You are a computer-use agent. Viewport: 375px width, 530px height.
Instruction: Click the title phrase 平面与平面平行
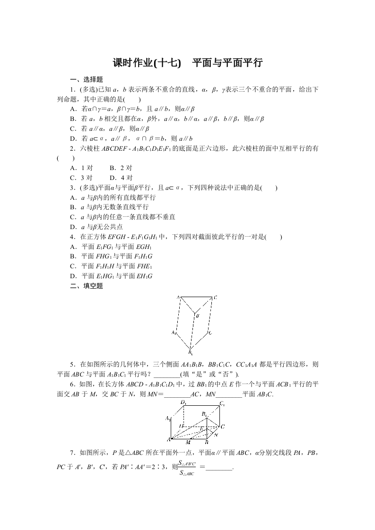pos(227,63)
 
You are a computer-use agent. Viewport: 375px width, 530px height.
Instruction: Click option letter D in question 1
pos(73,138)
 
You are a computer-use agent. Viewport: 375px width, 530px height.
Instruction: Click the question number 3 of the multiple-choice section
pos(71,188)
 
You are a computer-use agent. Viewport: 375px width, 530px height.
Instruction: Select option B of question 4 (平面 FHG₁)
pos(73,256)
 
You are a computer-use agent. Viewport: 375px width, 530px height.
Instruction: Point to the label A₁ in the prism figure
pos(174,332)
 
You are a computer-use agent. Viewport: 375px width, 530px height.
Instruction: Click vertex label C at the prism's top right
pos(215,297)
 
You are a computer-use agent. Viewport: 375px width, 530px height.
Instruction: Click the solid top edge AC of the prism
pos(196,297)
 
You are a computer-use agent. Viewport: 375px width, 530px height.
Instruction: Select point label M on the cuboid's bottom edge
pos(188,443)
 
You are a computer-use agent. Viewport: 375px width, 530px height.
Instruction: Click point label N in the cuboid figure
pos(216,434)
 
